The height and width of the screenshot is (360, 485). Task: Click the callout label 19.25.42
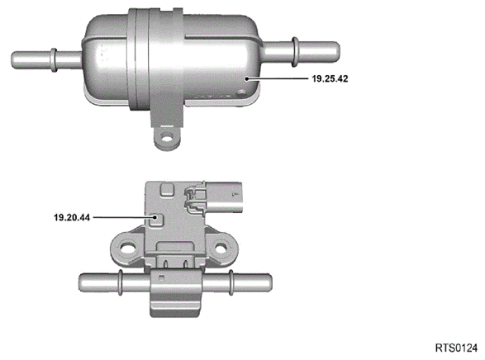click(330, 78)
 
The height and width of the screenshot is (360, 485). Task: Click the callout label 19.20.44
click(72, 217)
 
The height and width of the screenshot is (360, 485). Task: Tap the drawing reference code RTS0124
click(456, 348)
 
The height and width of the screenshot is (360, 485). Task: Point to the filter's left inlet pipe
click(46, 60)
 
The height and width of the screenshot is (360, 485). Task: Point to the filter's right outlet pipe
click(301, 51)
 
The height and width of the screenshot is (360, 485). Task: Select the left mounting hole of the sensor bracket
click(128, 247)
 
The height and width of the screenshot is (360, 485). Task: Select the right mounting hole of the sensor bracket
click(221, 247)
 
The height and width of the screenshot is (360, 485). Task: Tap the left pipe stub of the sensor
click(115, 282)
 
